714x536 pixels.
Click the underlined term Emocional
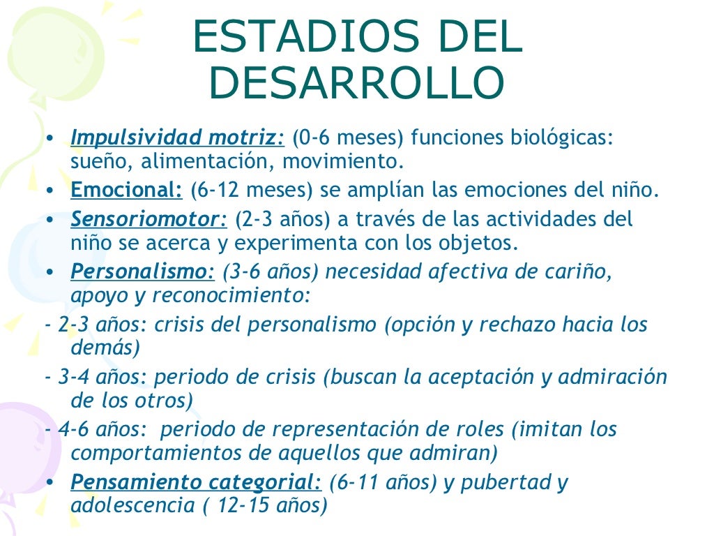tap(126, 190)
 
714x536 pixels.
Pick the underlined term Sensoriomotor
tap(149, 219)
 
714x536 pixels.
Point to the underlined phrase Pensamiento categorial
tap(196, 482)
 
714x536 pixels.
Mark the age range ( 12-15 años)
tap(265, 505)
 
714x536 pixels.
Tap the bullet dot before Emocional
tap(52, 190)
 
